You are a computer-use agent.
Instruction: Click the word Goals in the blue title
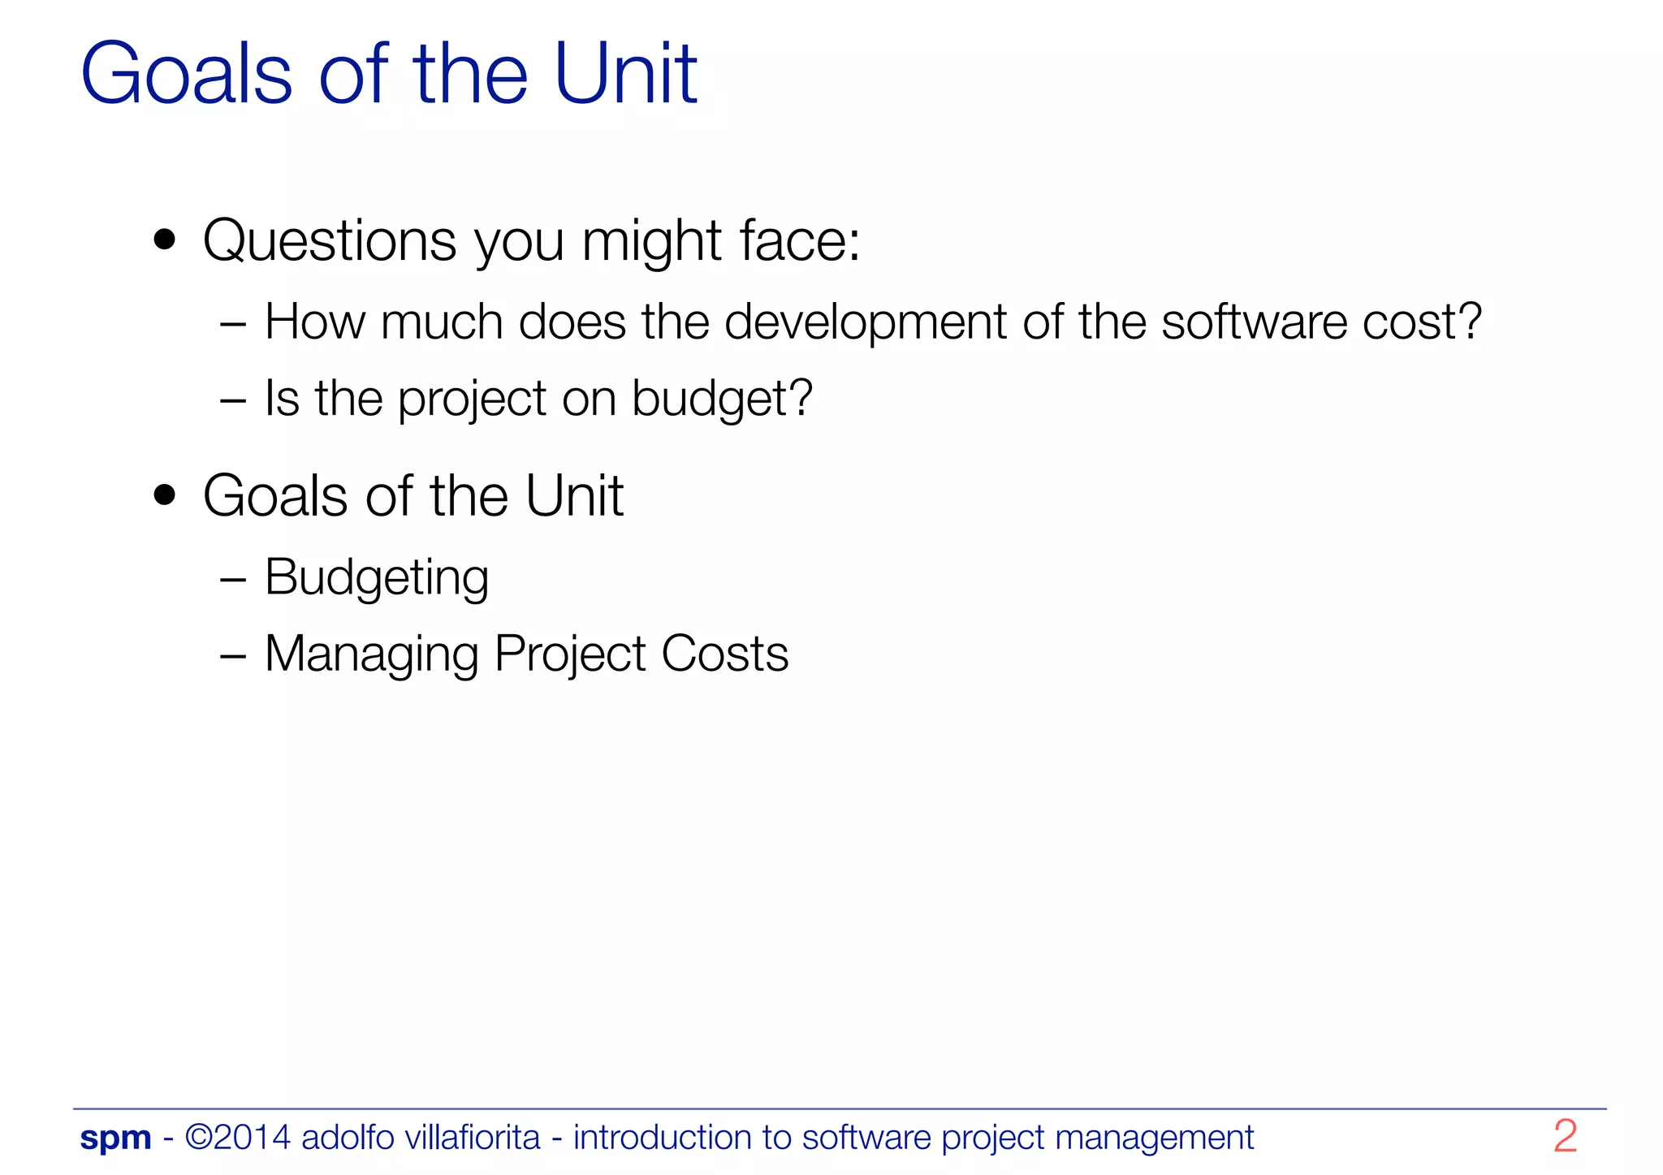click(x=186, y=75)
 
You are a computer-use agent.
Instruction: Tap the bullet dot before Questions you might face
click(x=165, y=240)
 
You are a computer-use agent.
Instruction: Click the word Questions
click(x=330, y=241)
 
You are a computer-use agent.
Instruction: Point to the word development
click(x=865, y=322)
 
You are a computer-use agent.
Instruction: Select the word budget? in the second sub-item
click(x=722, y=400)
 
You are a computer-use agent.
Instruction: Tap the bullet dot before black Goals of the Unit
click(x=165, y=495)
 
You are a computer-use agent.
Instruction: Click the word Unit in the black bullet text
click(x=574, y=495)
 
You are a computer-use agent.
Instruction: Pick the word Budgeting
click(x=377, y=578)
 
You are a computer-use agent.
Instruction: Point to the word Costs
click(x=724, y=654)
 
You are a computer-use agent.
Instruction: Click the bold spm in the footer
click(x=115, y=1138)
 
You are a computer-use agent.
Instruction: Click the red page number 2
click(x=1565, y=1136)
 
